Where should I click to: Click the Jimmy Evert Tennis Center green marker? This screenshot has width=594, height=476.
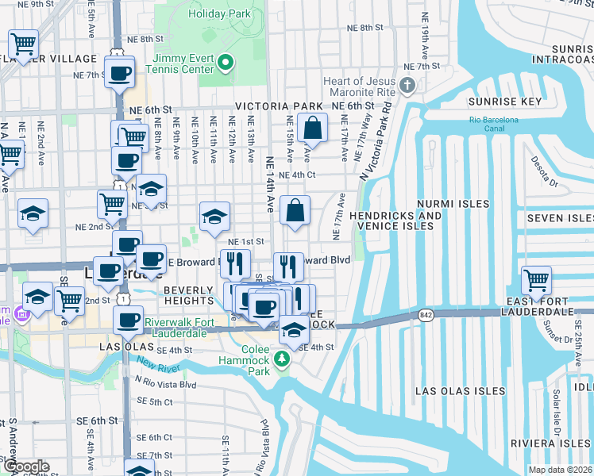click(225, 63)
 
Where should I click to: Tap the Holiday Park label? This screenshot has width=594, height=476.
click(219, 14)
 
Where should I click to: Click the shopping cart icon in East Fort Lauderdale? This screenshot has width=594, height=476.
click(537, 280)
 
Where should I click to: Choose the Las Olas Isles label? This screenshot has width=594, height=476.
click(461, 391)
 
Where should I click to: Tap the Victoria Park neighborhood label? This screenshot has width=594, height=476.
click(278, 106)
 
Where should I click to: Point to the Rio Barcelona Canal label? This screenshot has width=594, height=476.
click(498, 125)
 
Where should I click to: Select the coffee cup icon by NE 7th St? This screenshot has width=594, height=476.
click(120, 74)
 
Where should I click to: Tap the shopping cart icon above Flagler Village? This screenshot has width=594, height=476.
click(24, 43)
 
